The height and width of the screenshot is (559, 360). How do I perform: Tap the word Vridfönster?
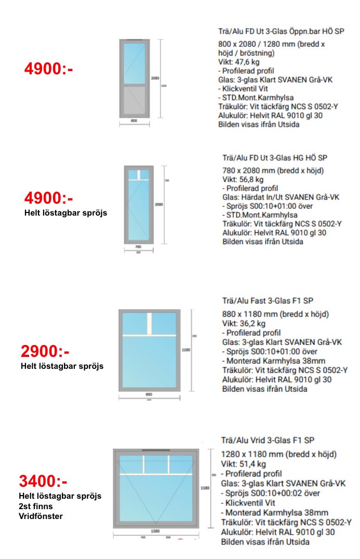(x=41, y=516)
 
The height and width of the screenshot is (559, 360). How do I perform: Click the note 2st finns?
(x=35, y=506)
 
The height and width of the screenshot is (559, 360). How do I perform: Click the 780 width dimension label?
(x=138, y=247)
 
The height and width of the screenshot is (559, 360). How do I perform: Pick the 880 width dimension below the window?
(x=149, y=394)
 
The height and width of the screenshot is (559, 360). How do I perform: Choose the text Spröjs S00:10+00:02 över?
(x=271, y=493)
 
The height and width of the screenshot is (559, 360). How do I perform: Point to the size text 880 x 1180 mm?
(x=252, y=314)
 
